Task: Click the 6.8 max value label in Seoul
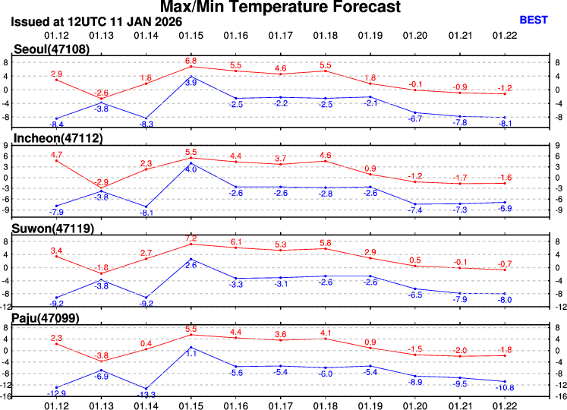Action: [x=191, y=60]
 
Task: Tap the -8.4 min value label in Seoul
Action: [x=55, y=125]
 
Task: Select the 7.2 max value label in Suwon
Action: [x=191, y=238]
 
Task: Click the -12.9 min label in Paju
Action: [x=55, y=393]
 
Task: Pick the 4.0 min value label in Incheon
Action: [x=191, y=169]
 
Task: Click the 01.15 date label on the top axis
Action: [x=191, y=35]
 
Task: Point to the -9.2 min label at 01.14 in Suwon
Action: [x=146, y=304]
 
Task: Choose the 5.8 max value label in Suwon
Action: [x=325, y=242]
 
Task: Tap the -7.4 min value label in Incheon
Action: [x=414, y=210]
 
